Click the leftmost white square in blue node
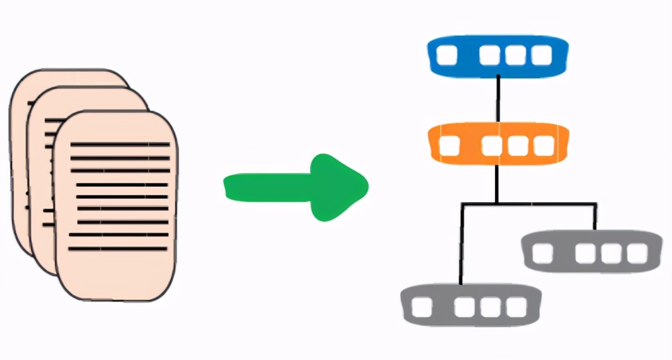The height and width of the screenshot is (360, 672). point(446,56)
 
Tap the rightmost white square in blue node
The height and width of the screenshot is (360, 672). point(542,56)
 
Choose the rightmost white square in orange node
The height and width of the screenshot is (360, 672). point(544,145)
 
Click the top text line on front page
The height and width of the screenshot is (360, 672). point(120,145)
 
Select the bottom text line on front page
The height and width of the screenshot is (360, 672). point(117,248)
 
